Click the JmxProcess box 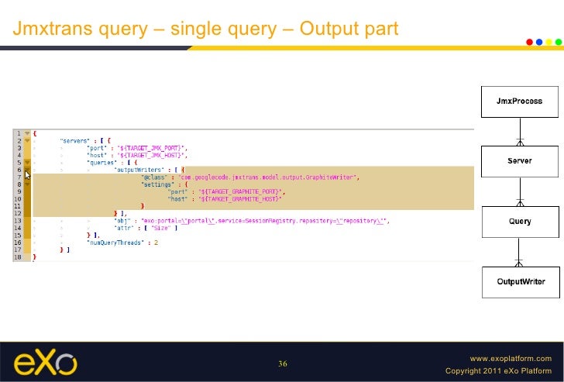520,102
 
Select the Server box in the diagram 520,160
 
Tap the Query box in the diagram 520,222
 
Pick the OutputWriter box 520,282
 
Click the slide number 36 283,364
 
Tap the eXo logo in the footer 46,363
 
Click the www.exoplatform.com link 511,359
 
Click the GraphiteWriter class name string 270,177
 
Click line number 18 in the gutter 17,256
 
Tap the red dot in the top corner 529,42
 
